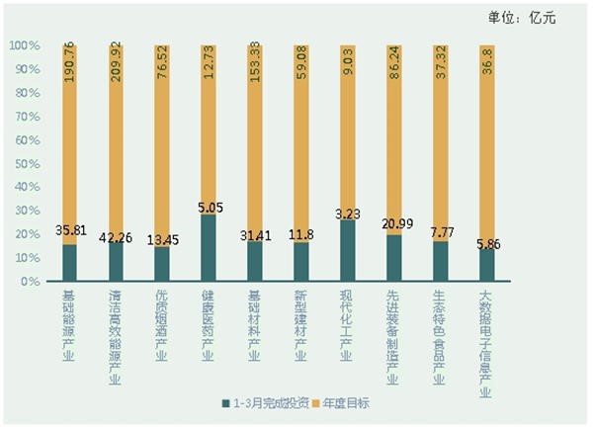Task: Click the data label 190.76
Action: point(68,68)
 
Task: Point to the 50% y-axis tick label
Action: point(26,164)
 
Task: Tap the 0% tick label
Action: point(29,282)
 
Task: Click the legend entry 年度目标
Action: point(342,405)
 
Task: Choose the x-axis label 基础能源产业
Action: point(68,325)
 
